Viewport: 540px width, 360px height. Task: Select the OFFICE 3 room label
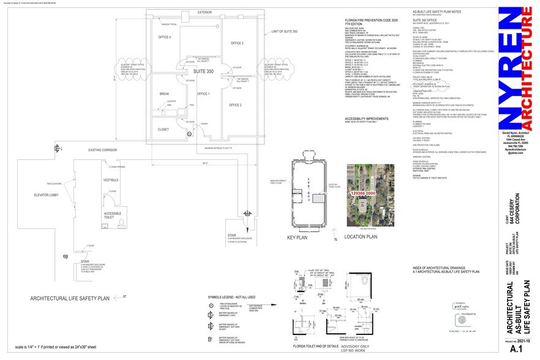[237, 43]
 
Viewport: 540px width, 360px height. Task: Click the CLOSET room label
[163, 129]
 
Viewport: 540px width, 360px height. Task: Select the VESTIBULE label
[111, 180]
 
